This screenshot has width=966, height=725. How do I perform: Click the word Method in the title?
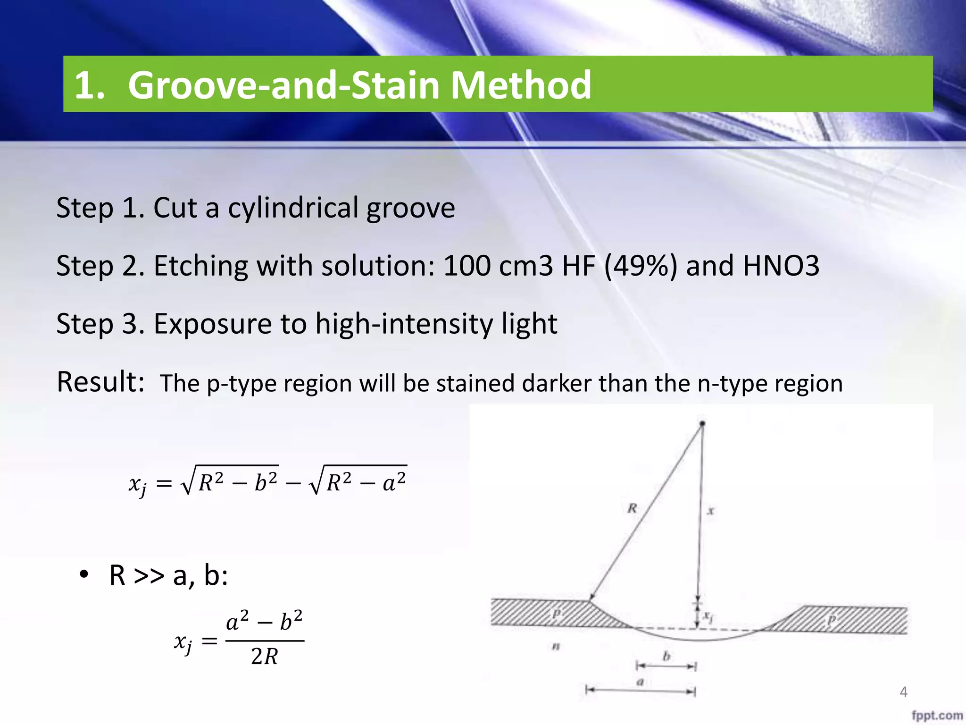[520, 85]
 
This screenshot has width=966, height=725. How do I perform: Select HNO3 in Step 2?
[781, 266]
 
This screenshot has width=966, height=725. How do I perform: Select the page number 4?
[903, 692]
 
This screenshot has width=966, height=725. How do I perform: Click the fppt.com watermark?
[937, 715]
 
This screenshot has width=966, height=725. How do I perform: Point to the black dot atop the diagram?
[702, 424]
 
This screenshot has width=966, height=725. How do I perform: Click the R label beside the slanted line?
[632, 508]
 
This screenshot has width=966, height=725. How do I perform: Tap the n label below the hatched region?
[556, 646]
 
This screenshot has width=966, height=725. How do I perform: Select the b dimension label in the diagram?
[666, 656]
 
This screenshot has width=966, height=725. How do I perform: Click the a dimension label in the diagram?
[640, 682]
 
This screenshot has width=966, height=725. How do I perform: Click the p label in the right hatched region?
[831, 619]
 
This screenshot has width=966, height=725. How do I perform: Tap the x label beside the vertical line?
[711, 510]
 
